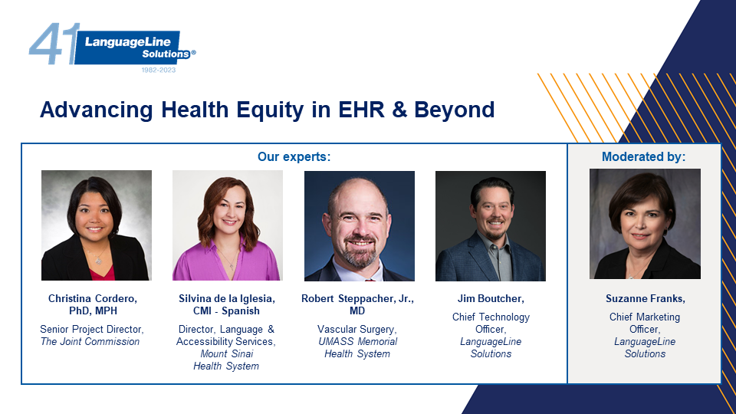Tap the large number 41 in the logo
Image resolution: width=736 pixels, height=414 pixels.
click(x=53, y=44)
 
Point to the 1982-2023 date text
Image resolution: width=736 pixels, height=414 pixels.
click(x=159, y=70)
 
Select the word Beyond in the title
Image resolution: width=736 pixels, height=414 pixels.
click(x=454, y=110)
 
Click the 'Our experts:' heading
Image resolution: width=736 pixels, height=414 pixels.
click(x=294, y=156)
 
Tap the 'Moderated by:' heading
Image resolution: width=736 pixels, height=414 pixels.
click(x=643, y=156)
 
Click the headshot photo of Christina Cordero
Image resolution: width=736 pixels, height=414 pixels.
click(x=97, y=225)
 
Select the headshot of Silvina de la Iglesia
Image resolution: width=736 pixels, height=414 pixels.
click(x=228, y=225)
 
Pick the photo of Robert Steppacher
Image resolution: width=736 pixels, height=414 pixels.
click(x=360, y=225)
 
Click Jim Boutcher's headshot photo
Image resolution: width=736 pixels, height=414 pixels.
click(x=491, y=225)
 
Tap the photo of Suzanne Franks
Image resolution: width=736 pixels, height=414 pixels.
click(x=645, y=224)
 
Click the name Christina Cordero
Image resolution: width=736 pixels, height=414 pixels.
click(x=93, y=298)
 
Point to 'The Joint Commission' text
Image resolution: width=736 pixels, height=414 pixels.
click(x=90, y=342)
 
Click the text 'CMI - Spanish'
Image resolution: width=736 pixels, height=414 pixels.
click(x=226, y=310)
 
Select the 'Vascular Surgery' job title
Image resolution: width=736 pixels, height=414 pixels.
click(x=356, y=330)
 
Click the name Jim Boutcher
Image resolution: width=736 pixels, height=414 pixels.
click(x=491, y=298)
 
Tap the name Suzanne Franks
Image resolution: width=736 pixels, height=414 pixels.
click(x=645, y=298)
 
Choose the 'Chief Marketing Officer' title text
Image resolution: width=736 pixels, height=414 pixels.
click(x=645, y=323)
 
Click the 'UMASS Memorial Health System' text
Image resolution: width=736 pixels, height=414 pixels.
click(x=358, y=348)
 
